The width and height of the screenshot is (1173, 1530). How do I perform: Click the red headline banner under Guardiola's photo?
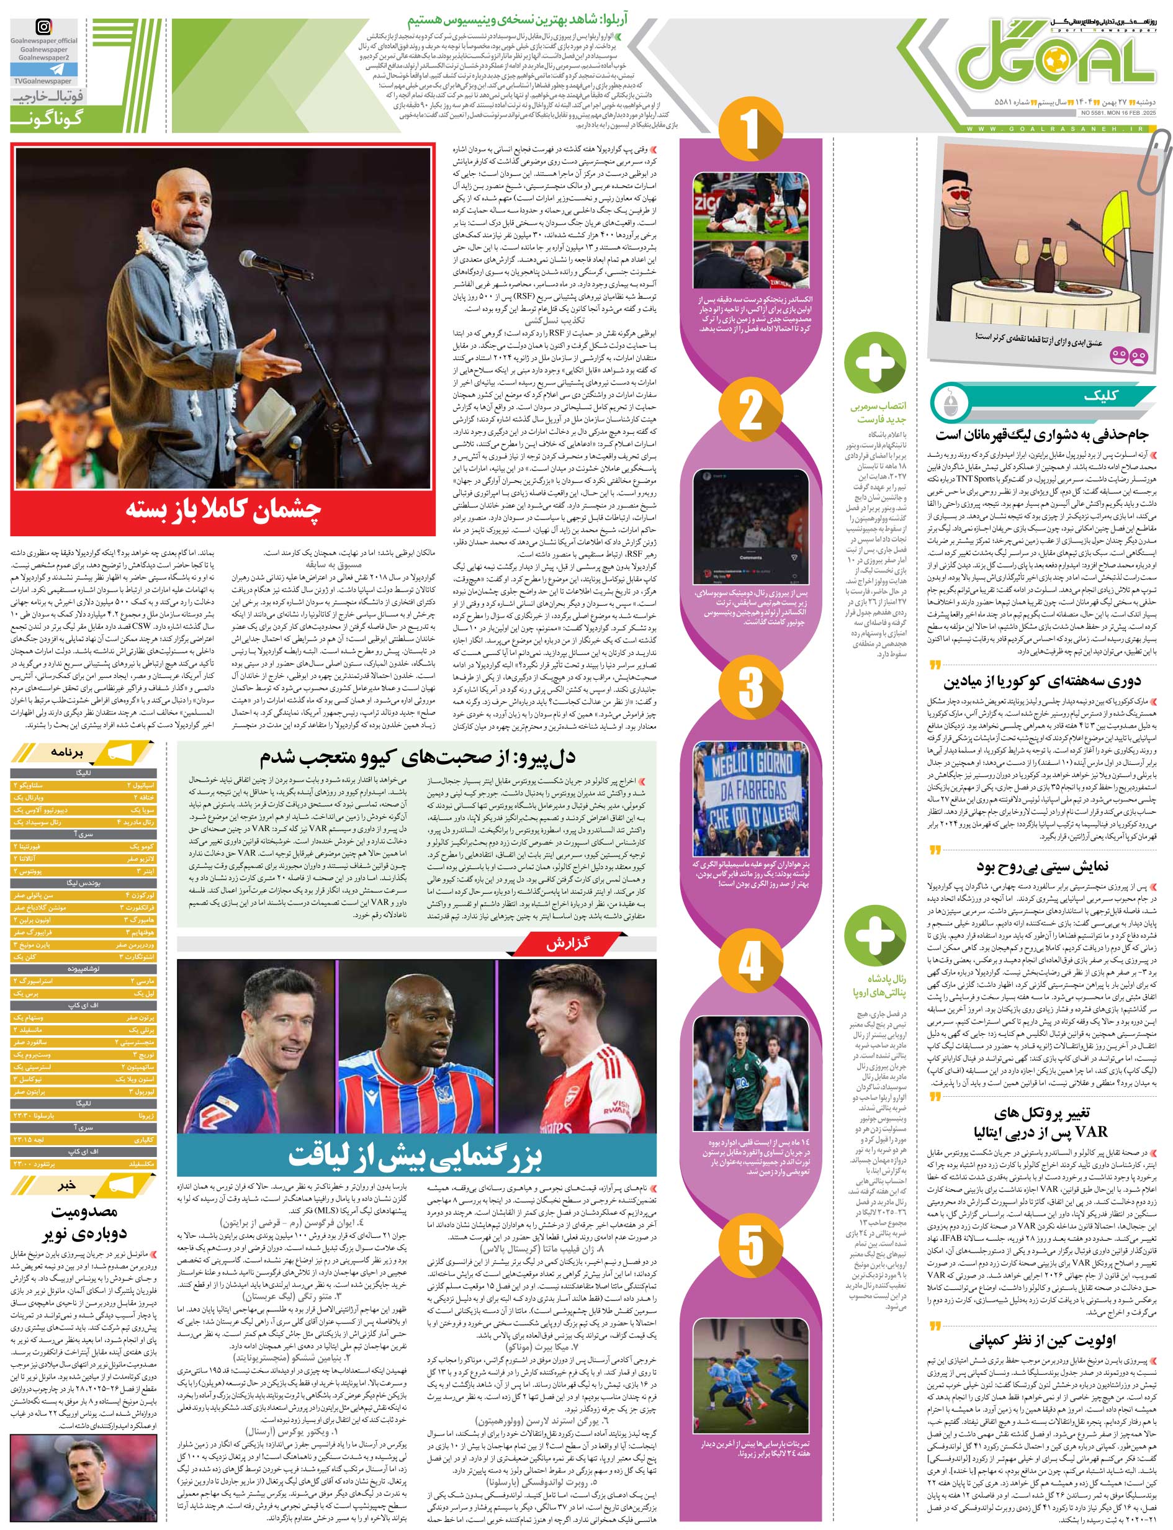point(223,510)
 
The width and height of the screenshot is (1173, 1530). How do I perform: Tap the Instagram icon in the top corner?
point(45,27)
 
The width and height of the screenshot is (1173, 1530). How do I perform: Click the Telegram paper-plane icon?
point(45,71)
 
